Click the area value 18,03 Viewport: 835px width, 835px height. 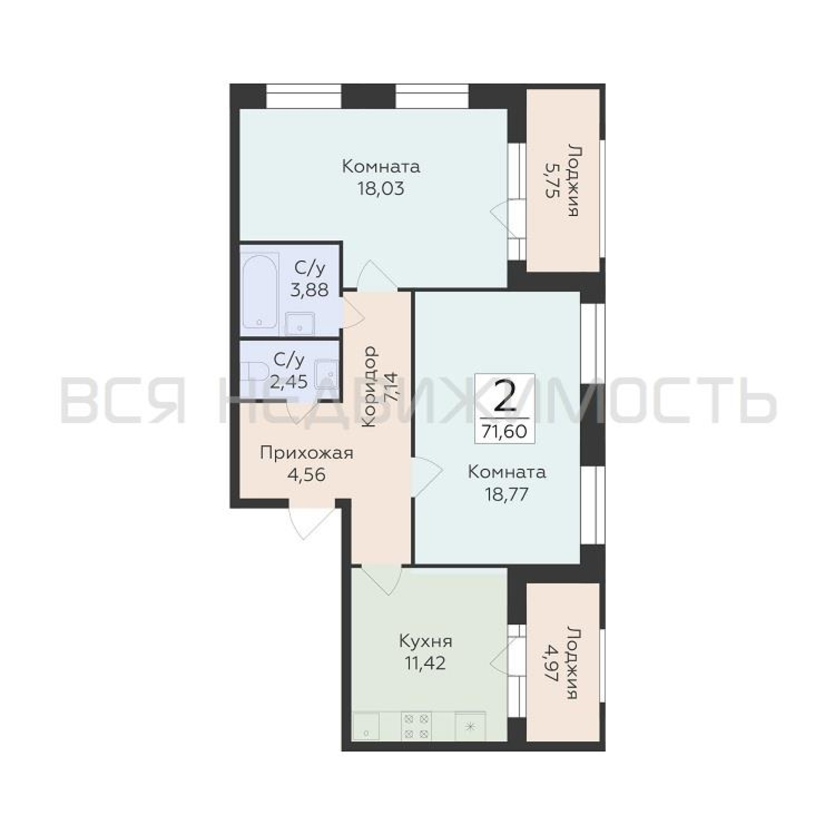pyautogui.click(x=381, y=189)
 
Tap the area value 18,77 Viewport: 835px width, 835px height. pyautogui.click(x=506, y=494)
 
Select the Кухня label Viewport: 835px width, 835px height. pyautogui.click(x=426, y=641)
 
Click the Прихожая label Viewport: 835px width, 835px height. pyautogui.click(x=306, y=454)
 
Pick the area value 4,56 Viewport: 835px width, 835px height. pyautogui.click(x=306, y=475)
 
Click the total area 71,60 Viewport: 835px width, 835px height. pyautogui.click(x=505, y=431)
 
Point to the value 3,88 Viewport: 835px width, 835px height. pyautogui.click(x=309, y=290)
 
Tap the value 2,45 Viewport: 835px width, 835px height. pyautogui.click(x=289, y=382)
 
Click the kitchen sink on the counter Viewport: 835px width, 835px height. pyautogui.click(x=367, y=727)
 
